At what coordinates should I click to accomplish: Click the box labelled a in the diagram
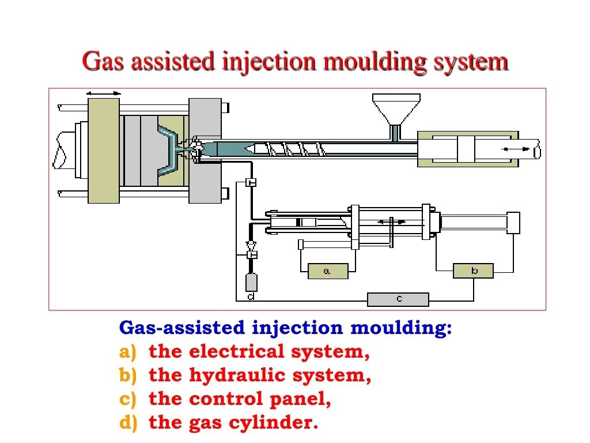point(328,271)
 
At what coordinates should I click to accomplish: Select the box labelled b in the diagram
point(473,271)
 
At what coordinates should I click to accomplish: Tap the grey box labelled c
point(398,299)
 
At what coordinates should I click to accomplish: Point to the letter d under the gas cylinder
point(251,296)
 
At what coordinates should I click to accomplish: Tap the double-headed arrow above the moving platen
point(104,93)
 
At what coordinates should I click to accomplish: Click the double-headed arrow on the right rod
point(516,149)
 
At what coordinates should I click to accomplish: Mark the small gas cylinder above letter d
point(251,282)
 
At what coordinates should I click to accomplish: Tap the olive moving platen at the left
point(104,150)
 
